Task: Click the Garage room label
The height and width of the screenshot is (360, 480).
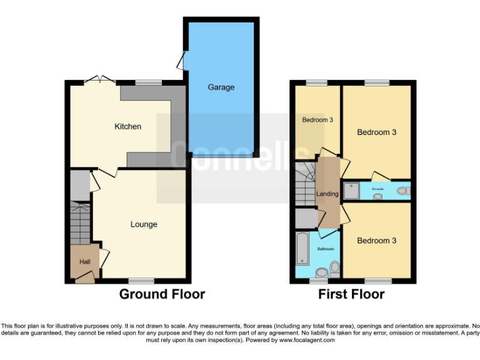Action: pos(221,87)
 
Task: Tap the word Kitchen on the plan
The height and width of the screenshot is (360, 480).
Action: pos(127,127)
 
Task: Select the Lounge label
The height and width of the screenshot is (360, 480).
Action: pos(144,224)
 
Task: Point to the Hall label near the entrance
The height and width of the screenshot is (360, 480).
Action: pos(84,262)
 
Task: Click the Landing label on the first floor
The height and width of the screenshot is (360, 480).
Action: pos(327,194)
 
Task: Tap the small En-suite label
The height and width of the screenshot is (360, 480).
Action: pos(377,188)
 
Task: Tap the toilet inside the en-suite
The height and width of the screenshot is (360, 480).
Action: pos(403,190)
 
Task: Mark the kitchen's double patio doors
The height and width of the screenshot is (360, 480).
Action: pos(100,80)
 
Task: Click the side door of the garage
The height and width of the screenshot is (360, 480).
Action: pos(181,61)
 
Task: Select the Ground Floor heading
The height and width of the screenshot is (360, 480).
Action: pos(162,294)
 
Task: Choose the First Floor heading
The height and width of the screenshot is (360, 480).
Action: pos(351,294)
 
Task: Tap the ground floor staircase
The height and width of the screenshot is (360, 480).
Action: pos(80,222)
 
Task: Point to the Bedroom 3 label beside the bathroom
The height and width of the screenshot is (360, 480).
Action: pos(376,241)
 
